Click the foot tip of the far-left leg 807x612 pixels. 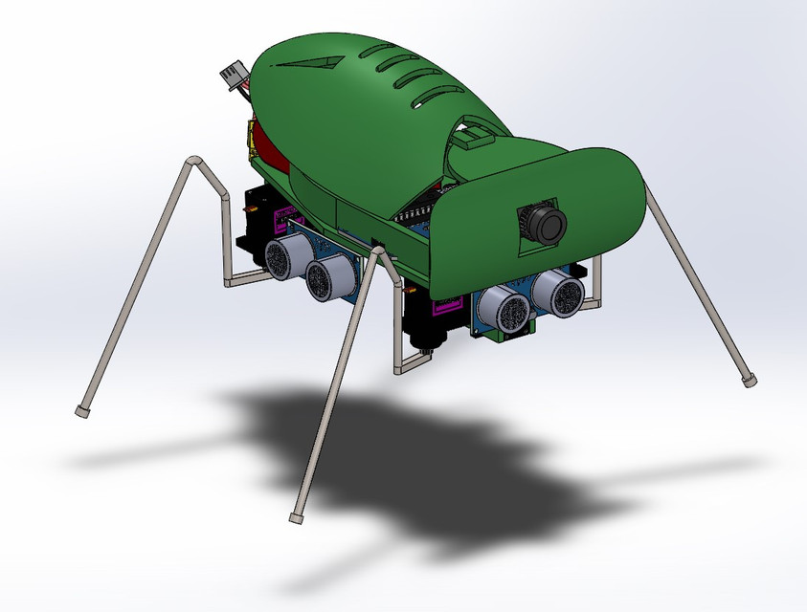(82, 410)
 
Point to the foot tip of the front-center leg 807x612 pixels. (296, 517)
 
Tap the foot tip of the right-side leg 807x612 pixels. (749, 381)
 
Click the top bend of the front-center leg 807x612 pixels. (379, 251)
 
